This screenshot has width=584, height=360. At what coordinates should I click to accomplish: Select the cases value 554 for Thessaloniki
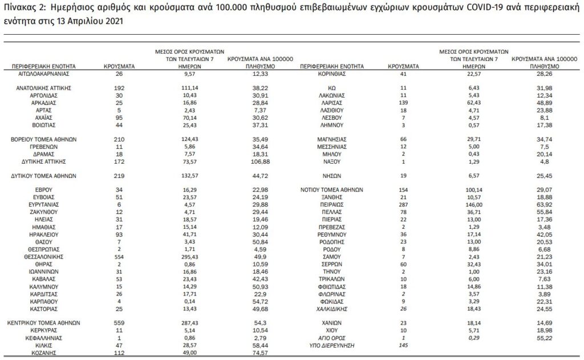point(119,257)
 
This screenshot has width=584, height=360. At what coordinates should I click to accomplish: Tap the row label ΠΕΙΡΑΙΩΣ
point(331,203)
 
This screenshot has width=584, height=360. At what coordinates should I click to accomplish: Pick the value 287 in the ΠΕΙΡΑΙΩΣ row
point(403,203)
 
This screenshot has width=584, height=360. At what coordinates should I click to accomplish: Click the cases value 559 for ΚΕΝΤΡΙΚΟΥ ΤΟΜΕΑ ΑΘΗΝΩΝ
point(119,322)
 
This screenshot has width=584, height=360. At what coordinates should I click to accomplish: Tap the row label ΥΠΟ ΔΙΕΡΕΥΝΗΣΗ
point(331,346)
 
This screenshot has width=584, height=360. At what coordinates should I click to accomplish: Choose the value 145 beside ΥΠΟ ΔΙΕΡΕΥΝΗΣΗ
point(403,346)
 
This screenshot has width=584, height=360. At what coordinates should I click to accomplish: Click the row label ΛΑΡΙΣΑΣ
point(331,102)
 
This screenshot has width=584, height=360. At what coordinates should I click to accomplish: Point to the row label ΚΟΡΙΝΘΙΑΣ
point(331,74)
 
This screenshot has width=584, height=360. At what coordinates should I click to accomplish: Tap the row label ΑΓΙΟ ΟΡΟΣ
point(331,338)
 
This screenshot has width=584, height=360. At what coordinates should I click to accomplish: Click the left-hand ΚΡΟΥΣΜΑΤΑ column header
point(119,66)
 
